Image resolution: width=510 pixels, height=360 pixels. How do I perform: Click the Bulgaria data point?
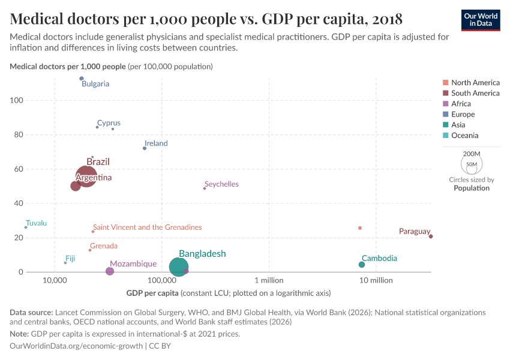click(x=82, y=79)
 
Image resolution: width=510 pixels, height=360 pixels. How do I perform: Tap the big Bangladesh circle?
click(x=179, y=267)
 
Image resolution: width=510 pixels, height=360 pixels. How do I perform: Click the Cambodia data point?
click(x=362, y=265)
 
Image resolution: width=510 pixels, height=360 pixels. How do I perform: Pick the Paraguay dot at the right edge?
click(x=431, y=236)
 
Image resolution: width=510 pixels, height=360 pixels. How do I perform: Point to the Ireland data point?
click(x=145, y=148)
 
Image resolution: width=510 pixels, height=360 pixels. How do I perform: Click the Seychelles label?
click(x=221, y=184)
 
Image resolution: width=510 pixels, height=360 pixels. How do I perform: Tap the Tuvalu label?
click(x=37, y=223)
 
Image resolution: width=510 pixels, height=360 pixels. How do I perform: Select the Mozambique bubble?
click(x=110, y=271)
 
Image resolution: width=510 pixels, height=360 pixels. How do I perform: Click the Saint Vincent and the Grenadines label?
click(x=148, y=227)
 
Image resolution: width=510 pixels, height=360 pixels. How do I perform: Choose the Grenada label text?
click(x=104, y=246)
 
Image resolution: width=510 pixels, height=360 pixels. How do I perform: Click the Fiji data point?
click(x=65, y=263)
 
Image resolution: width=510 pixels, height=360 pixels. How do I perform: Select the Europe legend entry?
click(x=463, y=114)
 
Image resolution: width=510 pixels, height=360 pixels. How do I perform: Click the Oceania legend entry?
click(x=464, y=136)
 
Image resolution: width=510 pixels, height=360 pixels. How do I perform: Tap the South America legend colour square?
click(x=445, y=93)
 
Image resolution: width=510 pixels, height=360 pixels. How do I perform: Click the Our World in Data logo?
click(x=481, y=20)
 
